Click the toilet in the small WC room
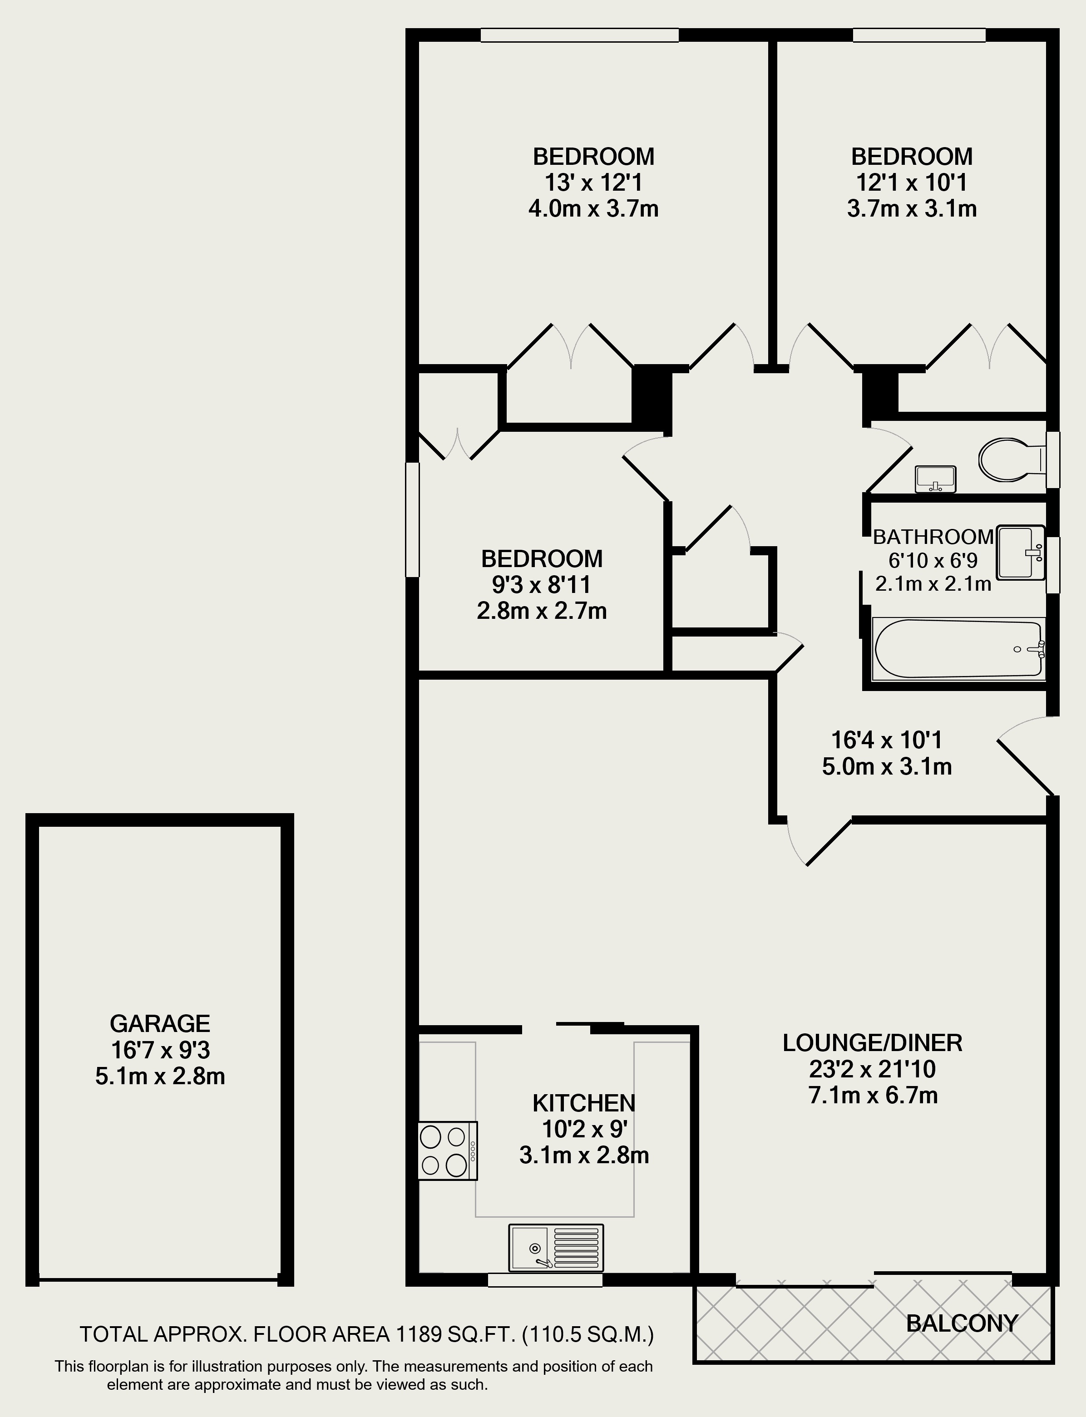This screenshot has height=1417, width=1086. (1007, 460)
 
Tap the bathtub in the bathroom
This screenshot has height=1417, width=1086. (957, 648)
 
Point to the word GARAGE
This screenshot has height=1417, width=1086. (160, 1023)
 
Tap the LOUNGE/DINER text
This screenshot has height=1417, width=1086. (872, 1043)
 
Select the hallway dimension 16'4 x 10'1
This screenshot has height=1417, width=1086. (886, 740)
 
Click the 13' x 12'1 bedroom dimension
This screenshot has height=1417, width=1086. (593, 183)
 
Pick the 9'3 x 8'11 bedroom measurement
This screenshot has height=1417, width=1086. (541, 585)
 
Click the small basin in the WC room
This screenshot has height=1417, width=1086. (935, 479)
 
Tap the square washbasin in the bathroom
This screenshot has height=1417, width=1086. (1021, 552)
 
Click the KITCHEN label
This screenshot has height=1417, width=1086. (584, 1103)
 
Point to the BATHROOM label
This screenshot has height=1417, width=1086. (933, 537)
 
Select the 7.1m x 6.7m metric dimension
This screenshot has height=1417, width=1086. (873, 1096)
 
